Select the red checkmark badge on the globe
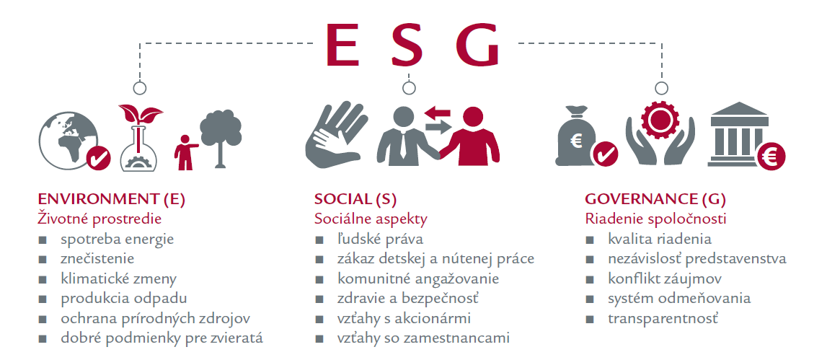98,157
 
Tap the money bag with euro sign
576,136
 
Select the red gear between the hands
659,120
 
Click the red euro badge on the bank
771,157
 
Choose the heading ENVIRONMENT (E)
112,199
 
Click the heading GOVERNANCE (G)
655,199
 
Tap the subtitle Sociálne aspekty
371,219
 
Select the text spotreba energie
117,239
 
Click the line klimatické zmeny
119,278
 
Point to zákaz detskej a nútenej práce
435,259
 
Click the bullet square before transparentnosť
590,320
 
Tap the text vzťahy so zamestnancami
423,338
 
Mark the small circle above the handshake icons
409,88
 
